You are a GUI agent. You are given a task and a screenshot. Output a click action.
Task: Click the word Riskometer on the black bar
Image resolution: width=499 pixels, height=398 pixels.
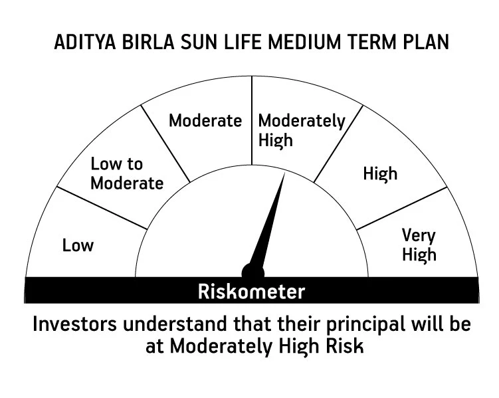tap(251, 291)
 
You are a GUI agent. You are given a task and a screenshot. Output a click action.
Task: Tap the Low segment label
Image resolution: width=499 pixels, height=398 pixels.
tap(78, 245)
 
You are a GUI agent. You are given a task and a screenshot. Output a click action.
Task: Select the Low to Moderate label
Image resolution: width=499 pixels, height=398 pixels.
tap(126, 173)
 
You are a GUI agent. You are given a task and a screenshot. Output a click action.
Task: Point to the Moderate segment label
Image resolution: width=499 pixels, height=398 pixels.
tap(205, 120)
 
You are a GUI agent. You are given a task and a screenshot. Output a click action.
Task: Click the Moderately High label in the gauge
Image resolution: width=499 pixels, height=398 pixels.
tap(302, 130)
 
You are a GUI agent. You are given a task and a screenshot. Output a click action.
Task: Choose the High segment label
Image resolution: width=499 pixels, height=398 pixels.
tap(380, 173)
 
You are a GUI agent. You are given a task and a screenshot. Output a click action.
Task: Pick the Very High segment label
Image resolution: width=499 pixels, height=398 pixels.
tap(419, 245)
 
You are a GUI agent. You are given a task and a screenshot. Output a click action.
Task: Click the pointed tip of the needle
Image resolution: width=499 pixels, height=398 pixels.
tap(284, 175)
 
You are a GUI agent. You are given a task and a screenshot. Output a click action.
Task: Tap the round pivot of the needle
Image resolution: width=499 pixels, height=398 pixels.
tap(252, 272)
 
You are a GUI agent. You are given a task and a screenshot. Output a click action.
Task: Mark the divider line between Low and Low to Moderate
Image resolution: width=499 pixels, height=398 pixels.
tap(101, 208)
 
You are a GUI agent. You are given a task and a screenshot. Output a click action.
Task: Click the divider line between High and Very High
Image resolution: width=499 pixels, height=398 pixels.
tap(402, 208)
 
